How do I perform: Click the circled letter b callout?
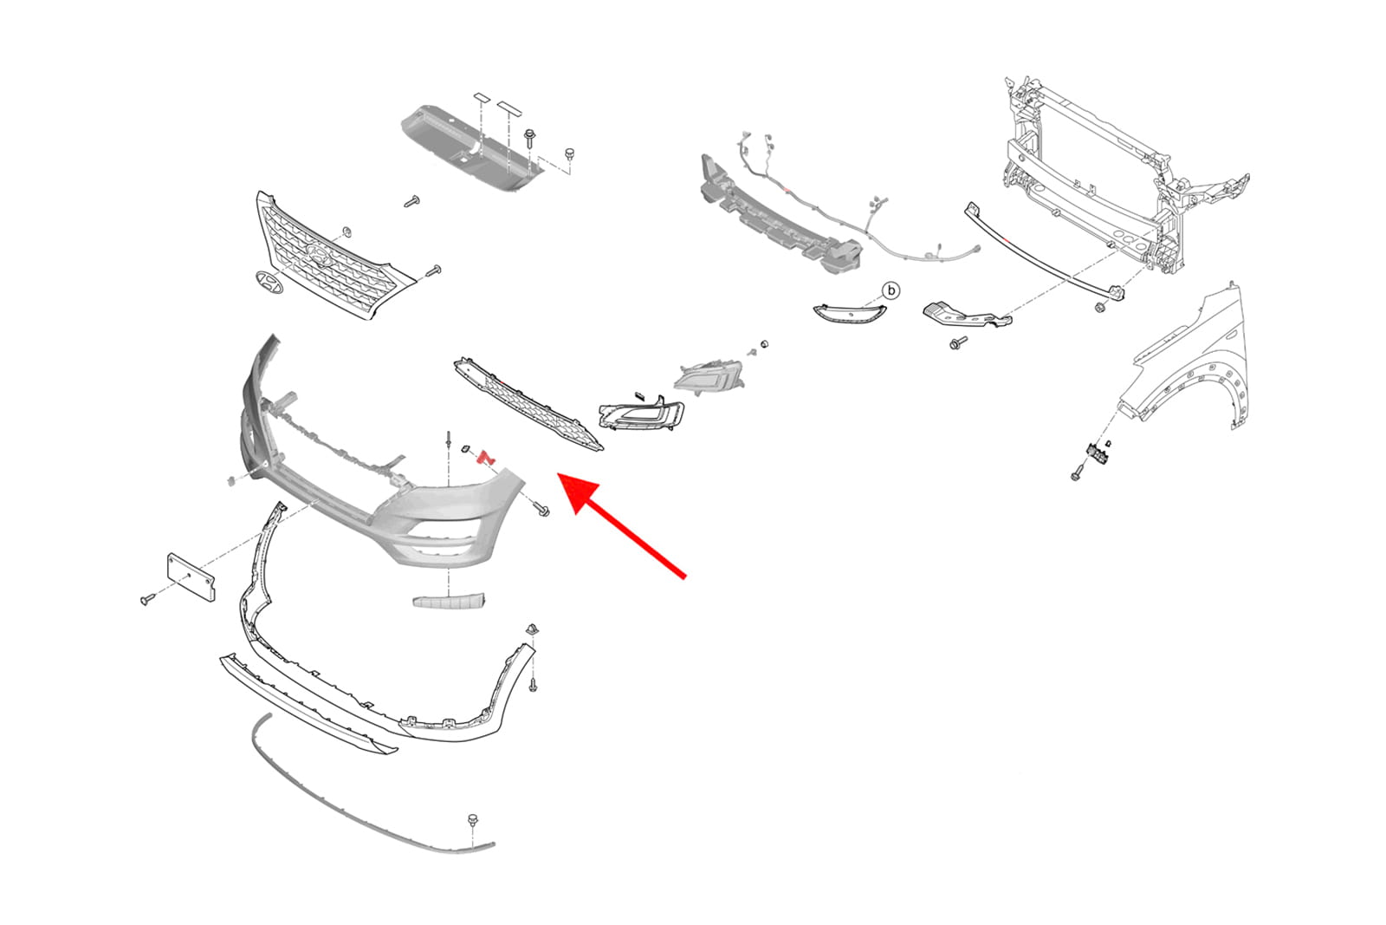click(891, 290)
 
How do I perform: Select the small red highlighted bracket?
click(486, 458)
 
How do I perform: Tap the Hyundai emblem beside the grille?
click(269, 283)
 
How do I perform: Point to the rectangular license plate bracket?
click(191, 577)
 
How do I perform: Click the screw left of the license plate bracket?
click(148, 599)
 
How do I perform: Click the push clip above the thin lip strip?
click(473, 822)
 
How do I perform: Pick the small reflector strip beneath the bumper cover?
click(450, 601)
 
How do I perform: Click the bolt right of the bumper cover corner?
click(542, 510)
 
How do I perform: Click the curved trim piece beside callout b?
click(849, 312)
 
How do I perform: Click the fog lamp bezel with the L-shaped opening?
click(641, 414)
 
